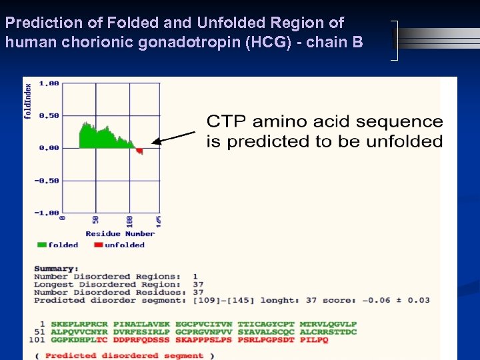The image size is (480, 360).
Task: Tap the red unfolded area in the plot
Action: pos(139,151)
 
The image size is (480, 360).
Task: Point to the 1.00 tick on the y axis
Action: pos(49,83)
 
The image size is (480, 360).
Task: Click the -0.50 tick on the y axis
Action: pos(48,181)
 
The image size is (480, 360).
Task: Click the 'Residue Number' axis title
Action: pos(120,234)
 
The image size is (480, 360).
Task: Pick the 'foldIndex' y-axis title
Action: pos(28,100)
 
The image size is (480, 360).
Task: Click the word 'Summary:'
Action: pos(56,269)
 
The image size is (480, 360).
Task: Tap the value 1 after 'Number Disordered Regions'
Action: pos(195,277)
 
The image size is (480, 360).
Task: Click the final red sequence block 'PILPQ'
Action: pos(314,340)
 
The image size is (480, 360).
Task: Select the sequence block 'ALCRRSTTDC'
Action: pos(328,332)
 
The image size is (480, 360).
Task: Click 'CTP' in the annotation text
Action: pos(227,121)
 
